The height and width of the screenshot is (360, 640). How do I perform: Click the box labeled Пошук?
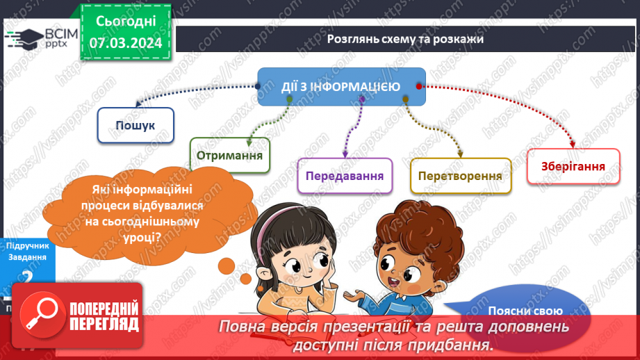pos(135,125)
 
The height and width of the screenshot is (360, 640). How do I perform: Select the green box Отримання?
pos(229,155)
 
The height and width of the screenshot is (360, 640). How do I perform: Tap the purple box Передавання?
pos(345,175)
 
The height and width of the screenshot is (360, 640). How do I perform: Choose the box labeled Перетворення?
pos(460,175)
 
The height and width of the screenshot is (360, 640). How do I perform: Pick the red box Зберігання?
pos(573,167)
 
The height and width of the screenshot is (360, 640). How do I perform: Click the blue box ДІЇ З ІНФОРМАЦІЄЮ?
pos(340,87)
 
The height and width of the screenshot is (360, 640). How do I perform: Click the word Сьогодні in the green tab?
pos(125,22)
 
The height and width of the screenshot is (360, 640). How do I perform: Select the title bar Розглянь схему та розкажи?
pos(405,39)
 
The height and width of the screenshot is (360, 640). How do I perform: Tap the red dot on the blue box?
pos(418,86)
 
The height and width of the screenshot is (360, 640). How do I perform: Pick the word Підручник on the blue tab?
pos(26,246)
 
